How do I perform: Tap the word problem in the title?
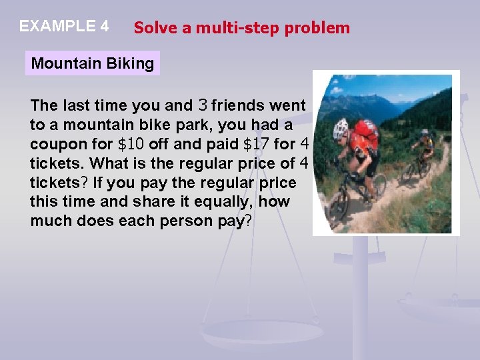point(325,28)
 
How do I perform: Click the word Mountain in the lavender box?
point(64,64)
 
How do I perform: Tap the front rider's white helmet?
point(341,127)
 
